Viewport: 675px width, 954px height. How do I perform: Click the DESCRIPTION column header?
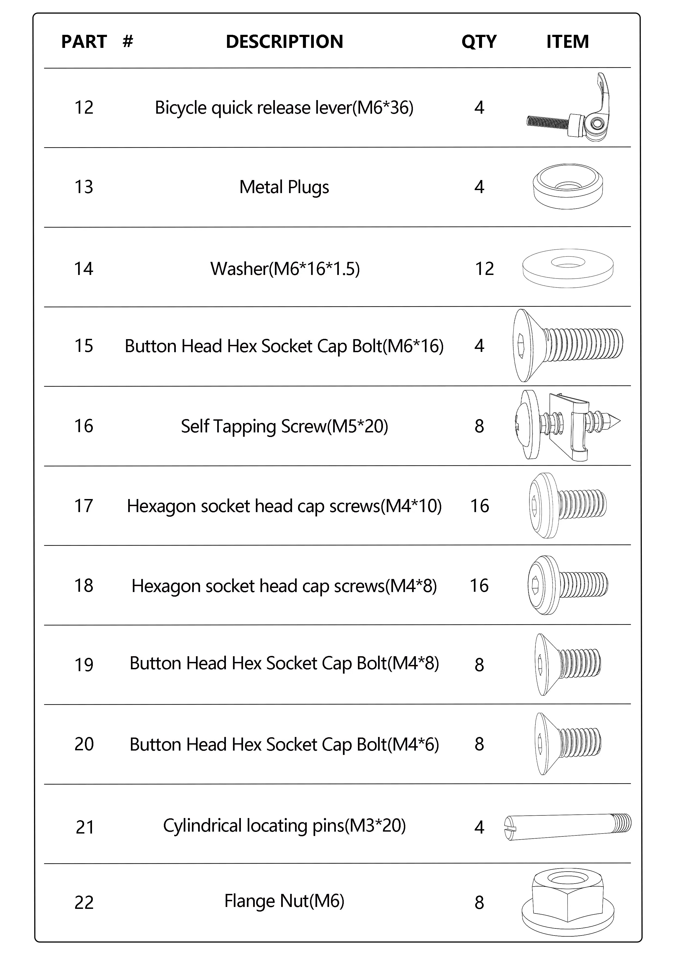click(284, 42)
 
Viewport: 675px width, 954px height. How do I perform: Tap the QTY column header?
click(479, 42)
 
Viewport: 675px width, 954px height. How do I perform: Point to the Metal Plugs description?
click(284, 187)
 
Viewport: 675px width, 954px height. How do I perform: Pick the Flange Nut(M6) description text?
click(284, 901)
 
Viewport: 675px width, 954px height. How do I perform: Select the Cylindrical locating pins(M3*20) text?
click(284, 826)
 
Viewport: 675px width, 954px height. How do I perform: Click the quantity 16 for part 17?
click(480, 506)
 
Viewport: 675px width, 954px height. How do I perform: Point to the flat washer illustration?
click(568, 268)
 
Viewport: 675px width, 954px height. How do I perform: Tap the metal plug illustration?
click(568, 186)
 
